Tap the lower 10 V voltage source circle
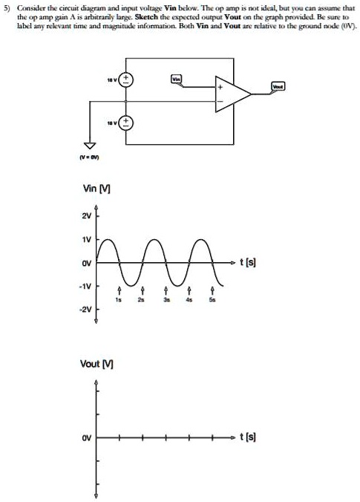point(125,122)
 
